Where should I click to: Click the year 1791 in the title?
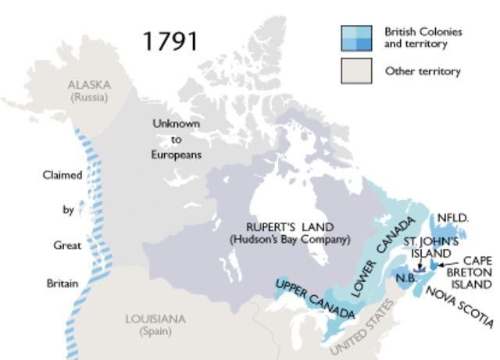tap(170, 41)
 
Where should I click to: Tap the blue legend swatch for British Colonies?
tap(355, 37)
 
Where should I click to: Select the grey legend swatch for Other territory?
tap(355, 71)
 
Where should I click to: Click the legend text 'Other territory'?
tap(423, 72)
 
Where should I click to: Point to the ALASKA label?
tap(90, 84)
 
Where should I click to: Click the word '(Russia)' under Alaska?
tap(90, 98)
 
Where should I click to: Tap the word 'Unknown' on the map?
tap(176, 124)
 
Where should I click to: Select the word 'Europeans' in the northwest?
tap(177, 155)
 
